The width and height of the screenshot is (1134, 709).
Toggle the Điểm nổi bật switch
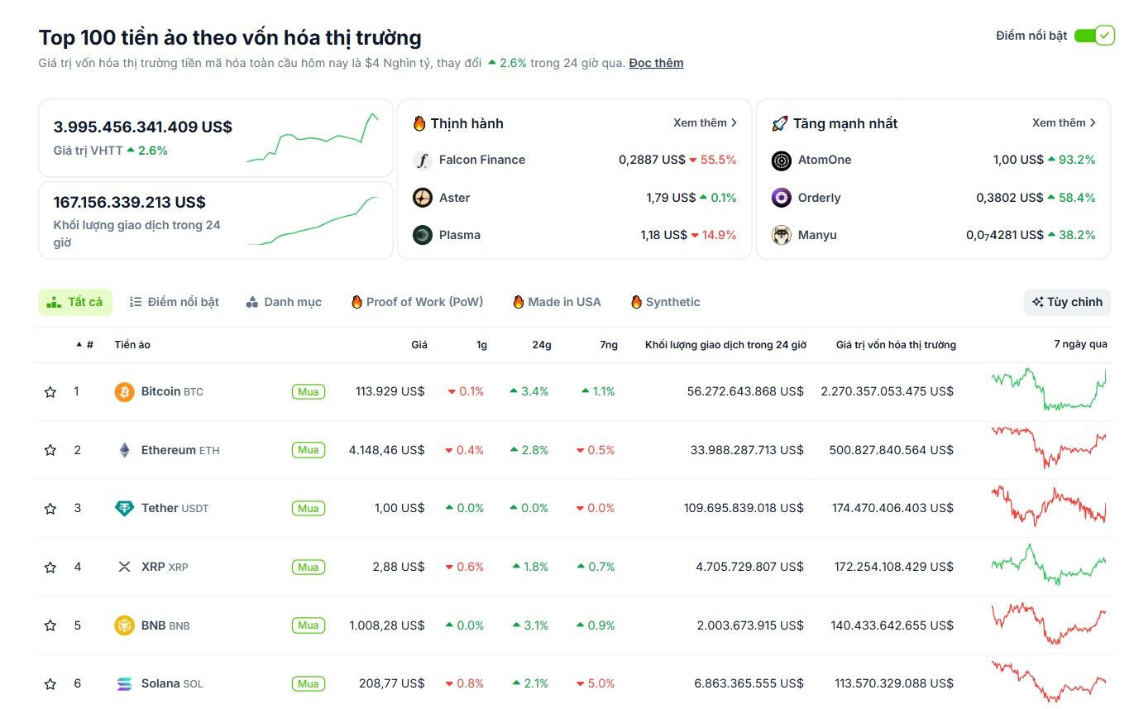[x=1093, y=36]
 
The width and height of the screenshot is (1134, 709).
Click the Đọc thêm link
[x=656, y=63]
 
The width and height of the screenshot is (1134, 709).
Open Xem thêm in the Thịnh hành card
[x=705, y=123]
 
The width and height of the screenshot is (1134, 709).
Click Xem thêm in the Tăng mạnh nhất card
[x=1064, y=123]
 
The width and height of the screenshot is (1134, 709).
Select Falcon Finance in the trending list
[x=481, y=160]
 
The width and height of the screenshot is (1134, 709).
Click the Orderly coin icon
[x=782, y=198]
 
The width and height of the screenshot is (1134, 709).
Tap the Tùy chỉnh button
[x=1067, y=302]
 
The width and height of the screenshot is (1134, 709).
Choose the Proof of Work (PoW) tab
[x=417, y=302]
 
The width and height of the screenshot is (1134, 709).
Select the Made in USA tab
[x=557, y=302]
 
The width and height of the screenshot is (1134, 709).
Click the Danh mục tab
[x=284, y=302]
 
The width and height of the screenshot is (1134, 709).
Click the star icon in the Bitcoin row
[x=50, y=391]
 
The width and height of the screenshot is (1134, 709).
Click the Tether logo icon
[x=124, y=508]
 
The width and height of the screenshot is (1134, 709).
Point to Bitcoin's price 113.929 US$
[x=390, y=391]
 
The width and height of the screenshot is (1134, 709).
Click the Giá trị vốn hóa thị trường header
[x=896, y=345]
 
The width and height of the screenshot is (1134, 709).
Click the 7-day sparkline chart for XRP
[x=1049, y=566]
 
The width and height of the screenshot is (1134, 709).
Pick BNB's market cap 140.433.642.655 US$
[x=892, y=625]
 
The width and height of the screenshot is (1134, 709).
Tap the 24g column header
[x=542, y=345]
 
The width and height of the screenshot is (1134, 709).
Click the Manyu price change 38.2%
[x=1072, y=235]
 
